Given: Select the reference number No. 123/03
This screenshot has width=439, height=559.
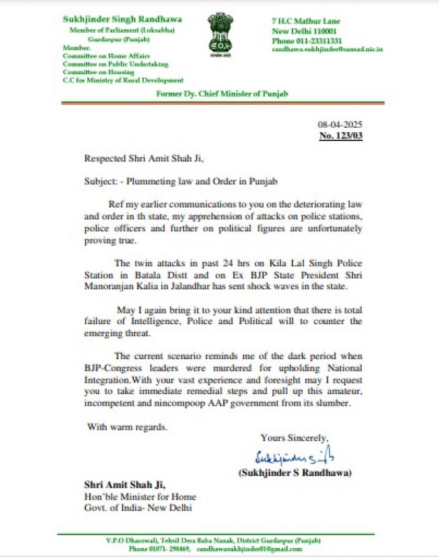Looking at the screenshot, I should pyautogui.click(x=341, y=135).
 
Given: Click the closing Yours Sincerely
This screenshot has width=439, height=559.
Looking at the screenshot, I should pyautogui.click(x=293, y=438).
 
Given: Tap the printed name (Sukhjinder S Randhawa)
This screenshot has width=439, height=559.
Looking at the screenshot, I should pyautogui.click(x=294, y=473).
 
